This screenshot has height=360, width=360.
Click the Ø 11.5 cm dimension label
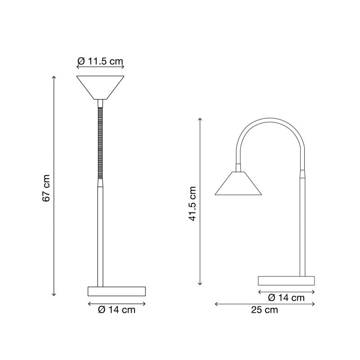100,61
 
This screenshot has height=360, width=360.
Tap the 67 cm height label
46,188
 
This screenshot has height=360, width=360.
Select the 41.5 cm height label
193,203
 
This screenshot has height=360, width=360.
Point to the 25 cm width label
265,310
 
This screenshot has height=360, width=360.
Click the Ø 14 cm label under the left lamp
117,309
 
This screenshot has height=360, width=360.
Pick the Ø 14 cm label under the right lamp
286,297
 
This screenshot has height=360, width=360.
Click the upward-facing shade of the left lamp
100,86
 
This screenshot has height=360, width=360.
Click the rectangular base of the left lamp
117,291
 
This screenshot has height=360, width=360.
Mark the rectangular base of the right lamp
286,280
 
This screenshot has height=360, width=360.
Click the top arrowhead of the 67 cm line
54,77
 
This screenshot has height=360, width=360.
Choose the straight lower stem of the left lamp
100,234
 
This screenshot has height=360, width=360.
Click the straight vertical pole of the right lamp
302,225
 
